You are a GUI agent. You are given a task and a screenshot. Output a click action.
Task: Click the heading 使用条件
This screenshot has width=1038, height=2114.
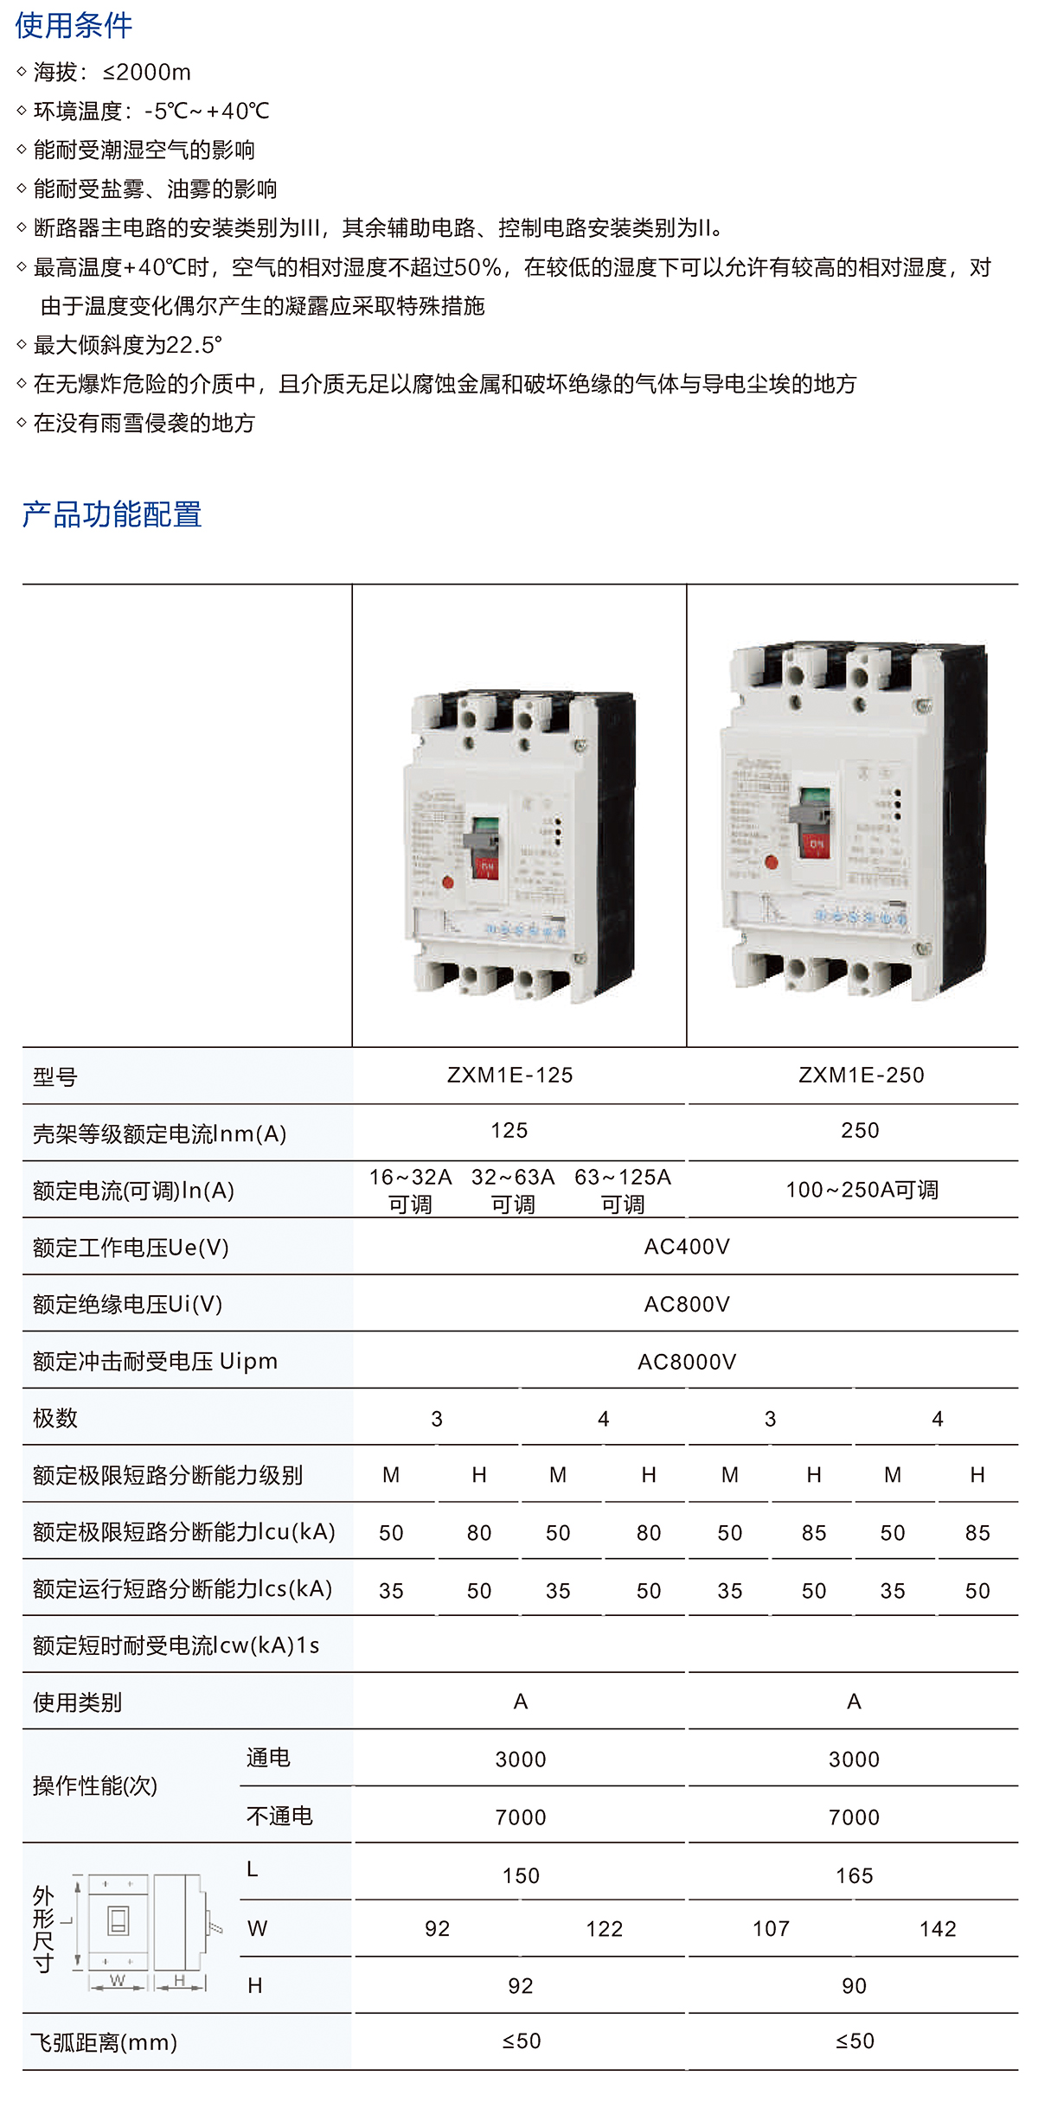(x=74, y=25)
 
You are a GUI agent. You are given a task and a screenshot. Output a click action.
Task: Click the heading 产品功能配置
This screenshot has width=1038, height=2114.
(x=112, y=514)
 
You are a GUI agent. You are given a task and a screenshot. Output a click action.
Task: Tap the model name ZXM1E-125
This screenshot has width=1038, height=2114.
(x=509, y=1075)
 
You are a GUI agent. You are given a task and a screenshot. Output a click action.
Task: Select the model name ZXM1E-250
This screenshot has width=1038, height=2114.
(x=861, y=1075)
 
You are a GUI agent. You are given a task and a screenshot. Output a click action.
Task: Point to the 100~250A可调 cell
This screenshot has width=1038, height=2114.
(x=862, y=1190)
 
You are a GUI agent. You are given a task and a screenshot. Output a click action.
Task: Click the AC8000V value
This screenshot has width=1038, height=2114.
(x=687, y=1362)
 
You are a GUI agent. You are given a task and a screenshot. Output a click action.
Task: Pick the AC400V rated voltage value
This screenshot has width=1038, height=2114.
(x=687, y=1247)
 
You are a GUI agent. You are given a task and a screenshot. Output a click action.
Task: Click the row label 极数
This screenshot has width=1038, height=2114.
(x=55, y=1418)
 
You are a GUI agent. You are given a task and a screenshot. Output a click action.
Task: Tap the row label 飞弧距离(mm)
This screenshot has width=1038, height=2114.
(x=104, y=2042)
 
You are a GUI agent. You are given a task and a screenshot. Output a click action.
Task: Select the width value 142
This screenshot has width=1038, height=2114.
(x=938, y=1929)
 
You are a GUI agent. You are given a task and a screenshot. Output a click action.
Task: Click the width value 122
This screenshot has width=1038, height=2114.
(x=604, y=1929)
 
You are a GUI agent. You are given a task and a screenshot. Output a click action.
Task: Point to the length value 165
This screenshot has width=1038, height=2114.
(x=854, y=1875)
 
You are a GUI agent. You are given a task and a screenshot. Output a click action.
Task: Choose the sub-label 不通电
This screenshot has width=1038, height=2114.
(x=279, y=1816)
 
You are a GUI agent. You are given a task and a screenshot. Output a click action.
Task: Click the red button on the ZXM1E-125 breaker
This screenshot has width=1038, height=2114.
(x=448, y=883)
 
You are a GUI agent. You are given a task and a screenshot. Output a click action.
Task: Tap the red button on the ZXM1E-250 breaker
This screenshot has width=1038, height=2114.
(x=772, y=862)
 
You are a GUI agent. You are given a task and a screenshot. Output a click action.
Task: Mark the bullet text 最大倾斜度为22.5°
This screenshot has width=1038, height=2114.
(x=127, y=345)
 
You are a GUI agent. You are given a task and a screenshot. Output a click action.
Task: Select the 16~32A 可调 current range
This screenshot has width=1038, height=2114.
(x=410, y=1190)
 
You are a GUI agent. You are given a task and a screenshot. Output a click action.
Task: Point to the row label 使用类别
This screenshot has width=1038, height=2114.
(x=77, y=1702)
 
